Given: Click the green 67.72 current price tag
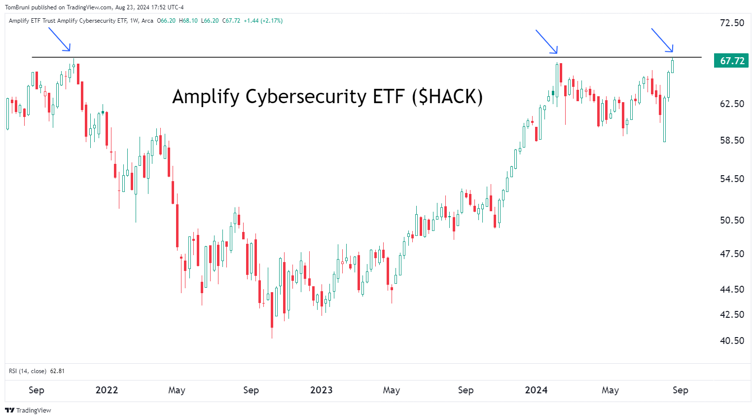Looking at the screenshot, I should point(731,61).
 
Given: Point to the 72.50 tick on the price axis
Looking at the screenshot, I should point(732,23).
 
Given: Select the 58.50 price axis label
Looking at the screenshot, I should point(732,140).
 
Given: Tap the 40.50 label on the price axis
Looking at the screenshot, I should point(732,341).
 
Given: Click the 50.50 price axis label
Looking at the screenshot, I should point(732,220).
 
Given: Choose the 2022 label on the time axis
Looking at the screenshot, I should point(107,390).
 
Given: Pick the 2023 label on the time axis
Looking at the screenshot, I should point(321,390).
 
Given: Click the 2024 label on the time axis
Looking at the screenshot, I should point(536,390).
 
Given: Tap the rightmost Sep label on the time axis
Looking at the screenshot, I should point(680,390).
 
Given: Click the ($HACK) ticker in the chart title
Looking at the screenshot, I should point(447,96).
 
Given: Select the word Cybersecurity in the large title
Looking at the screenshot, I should point(306,96).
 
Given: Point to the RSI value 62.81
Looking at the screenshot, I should point(57,371).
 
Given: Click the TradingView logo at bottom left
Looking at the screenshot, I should point(28,410).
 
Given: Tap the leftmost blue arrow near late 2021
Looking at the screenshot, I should point(60,39).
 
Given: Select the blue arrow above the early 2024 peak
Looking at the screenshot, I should point(547,41).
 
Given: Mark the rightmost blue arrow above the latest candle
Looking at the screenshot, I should point(662,40).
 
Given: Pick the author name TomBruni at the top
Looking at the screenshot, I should point(17,7).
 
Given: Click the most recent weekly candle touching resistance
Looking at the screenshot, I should point(672,66).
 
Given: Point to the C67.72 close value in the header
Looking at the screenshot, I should point(231,21).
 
